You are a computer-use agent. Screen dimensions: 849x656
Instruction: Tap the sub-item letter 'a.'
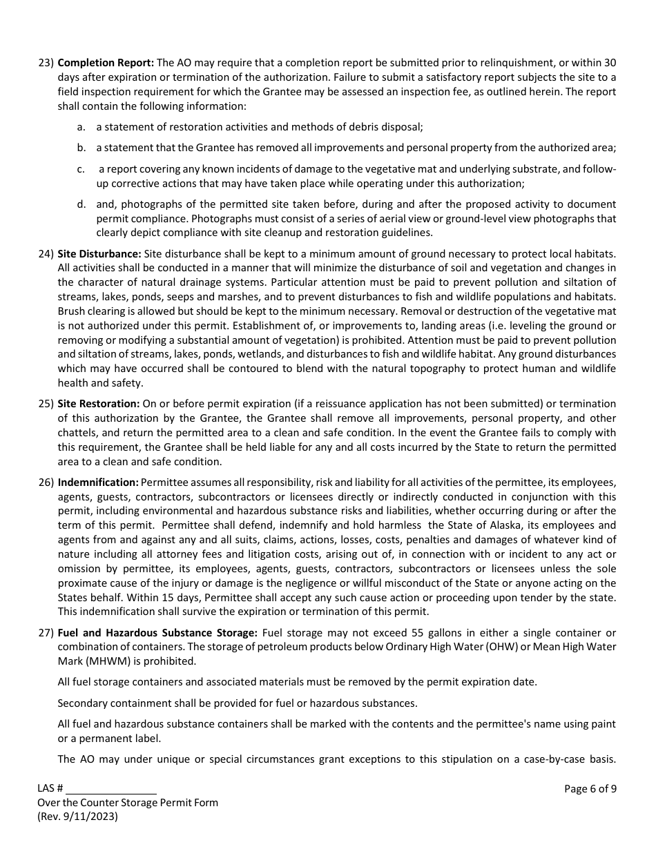pyautogui.click(x=81, y=127)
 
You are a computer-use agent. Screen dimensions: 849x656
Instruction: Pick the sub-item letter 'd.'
pyautogui.click(x=81, y=204)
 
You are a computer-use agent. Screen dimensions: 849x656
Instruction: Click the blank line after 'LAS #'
pyautogui.click(x=111, y=790)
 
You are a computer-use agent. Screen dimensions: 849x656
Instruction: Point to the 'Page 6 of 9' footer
pyautogui.click(x=590, y=789)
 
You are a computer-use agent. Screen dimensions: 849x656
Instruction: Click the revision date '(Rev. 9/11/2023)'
pyautogui.click(x=77, y=816)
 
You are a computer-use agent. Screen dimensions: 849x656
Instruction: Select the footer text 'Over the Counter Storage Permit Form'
pyautogui.click(x=128, y=803)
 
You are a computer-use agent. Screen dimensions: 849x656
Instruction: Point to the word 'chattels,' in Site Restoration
pyautogui.click(x=79, y=433)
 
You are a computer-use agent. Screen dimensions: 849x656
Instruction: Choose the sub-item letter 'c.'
pyautogui.click(x=81, y=170)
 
